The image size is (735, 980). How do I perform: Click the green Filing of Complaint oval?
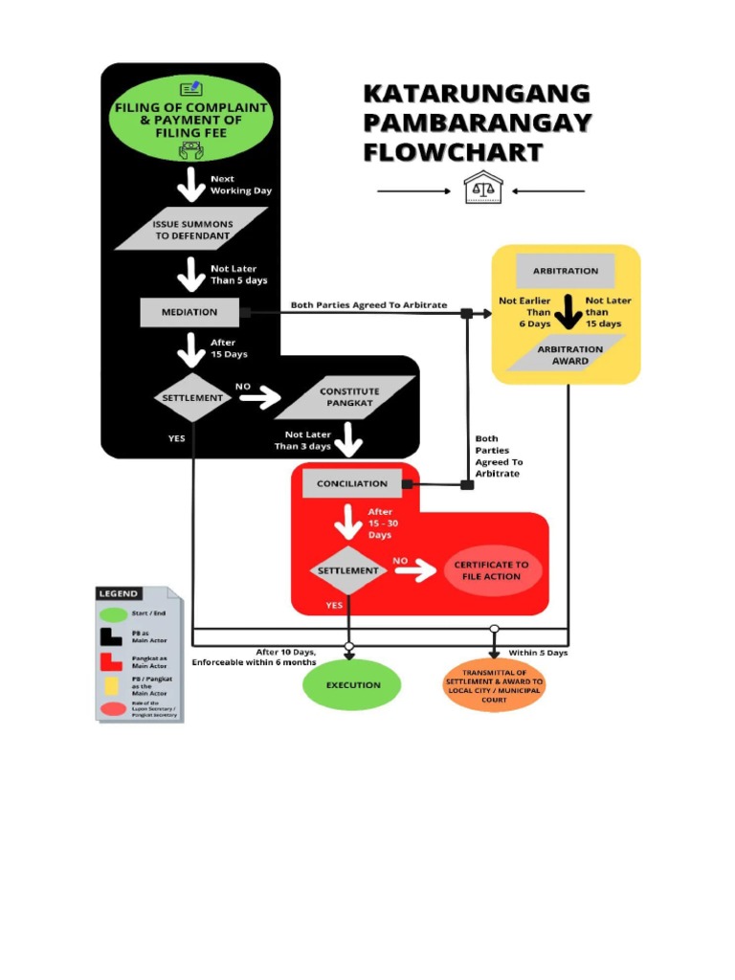click(x=192, y=119)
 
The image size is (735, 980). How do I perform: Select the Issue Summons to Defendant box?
click(x=192, y=231)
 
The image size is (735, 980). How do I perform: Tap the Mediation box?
click(x=189, y=312)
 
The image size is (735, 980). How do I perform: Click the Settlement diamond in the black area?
click(x=192, y=397)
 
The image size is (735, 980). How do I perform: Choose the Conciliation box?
click(x=351, y=483)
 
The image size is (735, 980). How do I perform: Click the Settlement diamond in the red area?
click(x=348, y=570)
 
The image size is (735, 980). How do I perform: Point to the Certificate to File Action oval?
click(x=492, y=571)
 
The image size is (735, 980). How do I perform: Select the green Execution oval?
click(x=352, y=685)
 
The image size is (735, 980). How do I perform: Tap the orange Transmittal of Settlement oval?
click(x=494, y=686)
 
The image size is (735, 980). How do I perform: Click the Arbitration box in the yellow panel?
click(x=566, y=271)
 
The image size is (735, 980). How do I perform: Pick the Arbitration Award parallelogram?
click(x=569, y=355)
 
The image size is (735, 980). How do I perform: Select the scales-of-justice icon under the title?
click(x=480, y=189)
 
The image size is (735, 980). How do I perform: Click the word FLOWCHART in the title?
click(x=453, y=152)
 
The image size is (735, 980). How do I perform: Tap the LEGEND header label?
click(x=118, y=593)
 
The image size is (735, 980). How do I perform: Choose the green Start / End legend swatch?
click(x=114, y=614)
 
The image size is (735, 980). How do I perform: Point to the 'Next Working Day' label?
click(x=240, y=185)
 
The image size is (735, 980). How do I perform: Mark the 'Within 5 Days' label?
click(x=538, y=653)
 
